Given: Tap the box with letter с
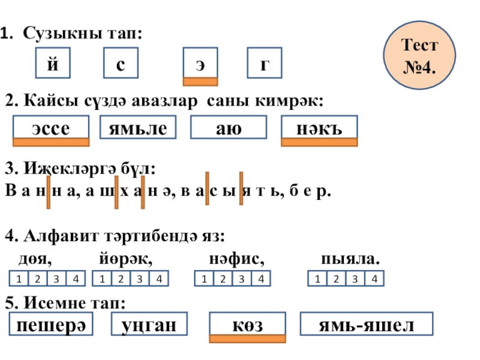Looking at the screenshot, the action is (x=121, y=64).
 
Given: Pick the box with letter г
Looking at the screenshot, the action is (x=264, y=64).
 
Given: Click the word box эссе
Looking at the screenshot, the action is (x=51, y=128).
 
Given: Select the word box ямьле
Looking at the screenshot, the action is (x=139, y=128).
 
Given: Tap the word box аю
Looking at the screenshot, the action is (x=228, y=128).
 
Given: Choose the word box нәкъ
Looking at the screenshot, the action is (x=319, y=128).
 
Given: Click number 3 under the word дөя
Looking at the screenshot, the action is (x=57, y=278).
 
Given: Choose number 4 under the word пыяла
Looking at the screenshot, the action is (x=374, y=278).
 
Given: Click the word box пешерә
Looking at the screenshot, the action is (x=51, y=325).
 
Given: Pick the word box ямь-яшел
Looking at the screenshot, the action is (x=366, y=325).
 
